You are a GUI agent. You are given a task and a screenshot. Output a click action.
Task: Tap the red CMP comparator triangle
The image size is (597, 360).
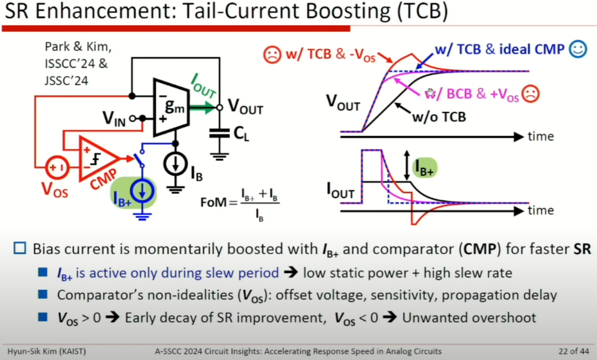coord(97,158)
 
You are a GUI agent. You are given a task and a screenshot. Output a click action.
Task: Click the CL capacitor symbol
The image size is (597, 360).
coord(220,134)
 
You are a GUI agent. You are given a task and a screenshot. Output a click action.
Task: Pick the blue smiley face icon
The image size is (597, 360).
coord(577,49)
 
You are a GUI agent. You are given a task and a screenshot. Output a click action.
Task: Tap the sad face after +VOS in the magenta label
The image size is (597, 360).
coord(530,95)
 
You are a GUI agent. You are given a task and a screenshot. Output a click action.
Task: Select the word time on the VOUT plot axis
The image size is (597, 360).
coord(540,137)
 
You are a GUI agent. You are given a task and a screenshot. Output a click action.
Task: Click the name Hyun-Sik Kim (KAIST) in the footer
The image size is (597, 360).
coord(47,351)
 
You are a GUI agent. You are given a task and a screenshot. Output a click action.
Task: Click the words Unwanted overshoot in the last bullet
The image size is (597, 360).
coord(469,318)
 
